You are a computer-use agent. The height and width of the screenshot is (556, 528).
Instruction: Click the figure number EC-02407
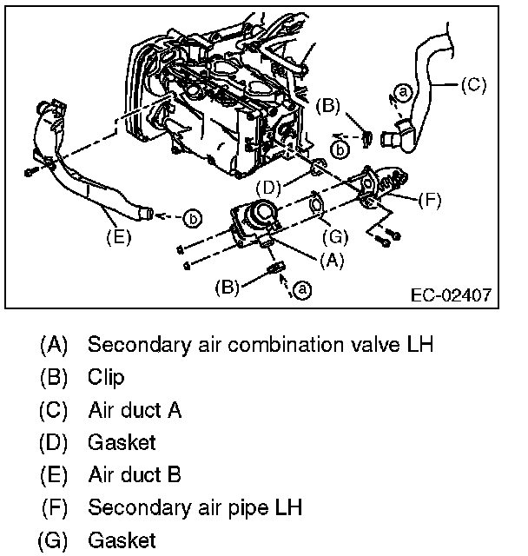(x=450, y=295)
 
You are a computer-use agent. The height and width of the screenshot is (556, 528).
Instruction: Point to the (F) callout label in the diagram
(x=429, y=199)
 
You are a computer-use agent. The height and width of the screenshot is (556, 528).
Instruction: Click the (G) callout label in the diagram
(x=333, y=236)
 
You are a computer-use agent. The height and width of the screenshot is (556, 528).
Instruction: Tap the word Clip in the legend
(x=106, y=377)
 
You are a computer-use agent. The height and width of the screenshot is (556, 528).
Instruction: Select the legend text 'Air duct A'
(x=134, y=409)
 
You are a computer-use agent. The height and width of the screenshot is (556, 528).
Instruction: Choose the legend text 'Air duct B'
(x=134, y=475)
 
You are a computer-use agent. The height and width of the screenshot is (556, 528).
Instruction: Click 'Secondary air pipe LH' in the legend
(x=195, y=507)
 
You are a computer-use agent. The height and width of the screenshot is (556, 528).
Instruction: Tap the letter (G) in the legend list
(x=53, y=540)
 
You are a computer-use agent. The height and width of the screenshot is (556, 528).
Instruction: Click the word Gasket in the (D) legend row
(x=122, y=442)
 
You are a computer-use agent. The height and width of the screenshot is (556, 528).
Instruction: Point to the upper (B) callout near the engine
(x=329, y=106)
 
